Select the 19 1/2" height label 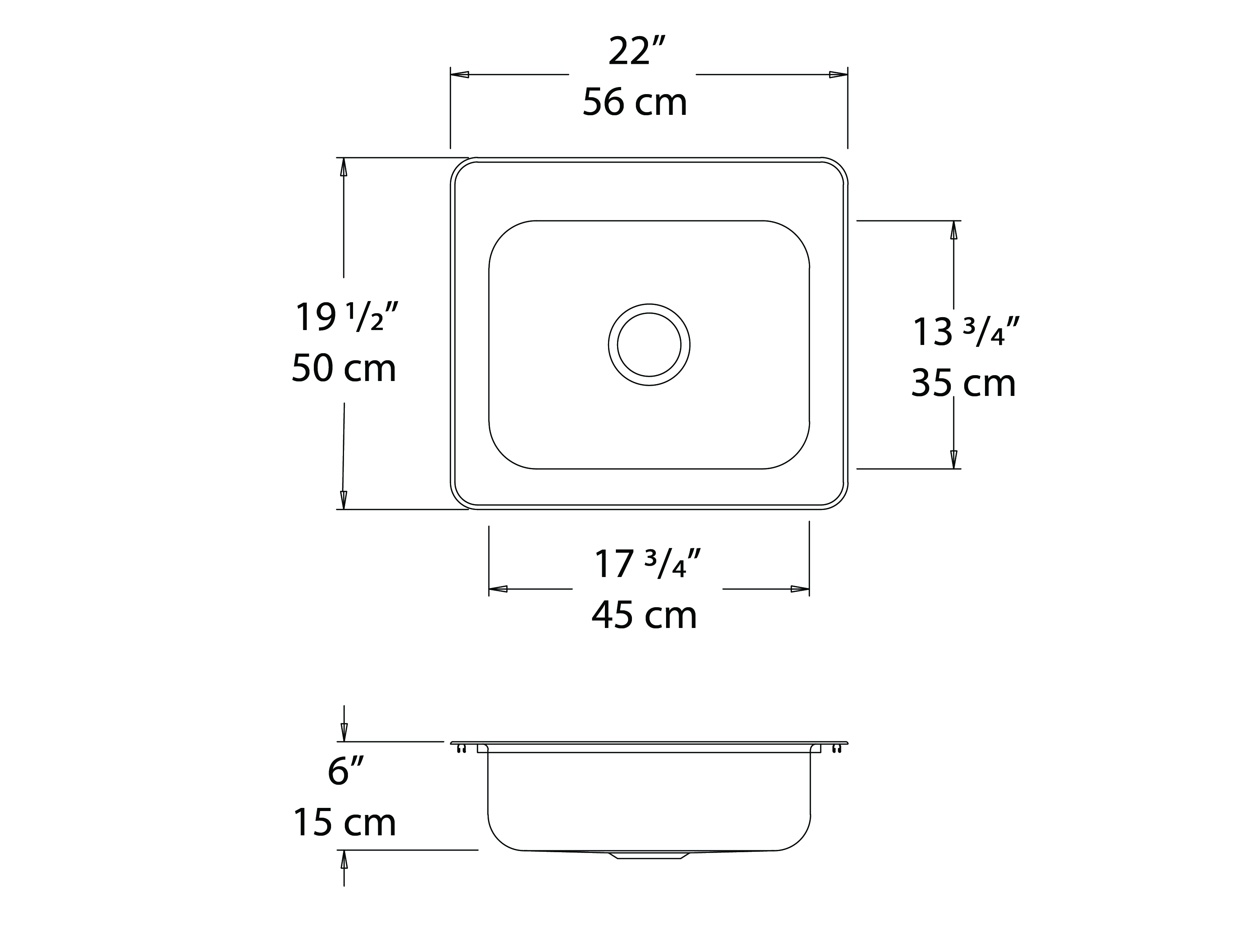click(x=346, y=317)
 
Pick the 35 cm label click(x=963, y=383)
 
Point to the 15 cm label click(x=345, y=822)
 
